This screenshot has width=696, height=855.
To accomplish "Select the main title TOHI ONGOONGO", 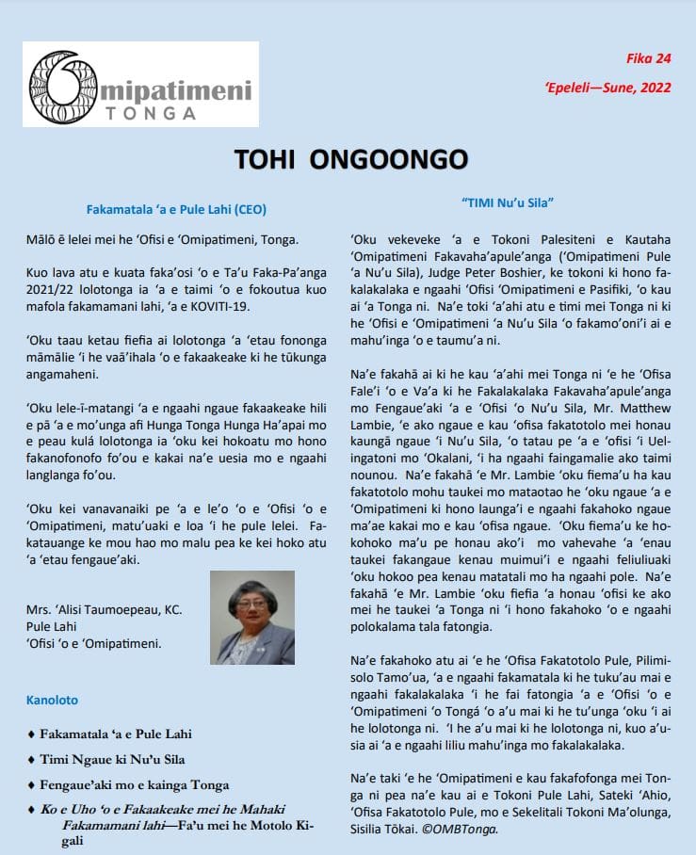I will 348,161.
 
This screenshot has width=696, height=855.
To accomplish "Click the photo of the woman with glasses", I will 256,618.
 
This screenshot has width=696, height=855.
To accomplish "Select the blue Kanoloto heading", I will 52,701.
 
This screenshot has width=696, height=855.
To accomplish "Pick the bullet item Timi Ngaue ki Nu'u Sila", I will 112,759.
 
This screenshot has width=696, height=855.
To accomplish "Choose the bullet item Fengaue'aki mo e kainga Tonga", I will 134,784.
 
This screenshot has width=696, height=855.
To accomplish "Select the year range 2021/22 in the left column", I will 51,290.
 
